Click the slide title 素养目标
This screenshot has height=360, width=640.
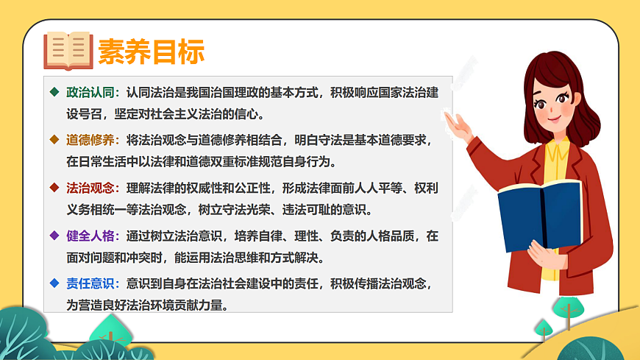[x=151, y=52]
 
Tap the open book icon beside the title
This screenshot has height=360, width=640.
[x=68, y=50]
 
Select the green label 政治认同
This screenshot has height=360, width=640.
[x=91, y=93]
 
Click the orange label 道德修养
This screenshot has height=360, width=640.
[x=91, y=140]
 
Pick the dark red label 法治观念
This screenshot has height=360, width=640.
[x=91, y=188]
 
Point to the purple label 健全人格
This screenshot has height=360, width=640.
[x=91, y=236]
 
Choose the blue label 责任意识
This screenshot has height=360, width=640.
[x=91, y=283]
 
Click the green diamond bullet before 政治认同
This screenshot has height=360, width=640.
[x=53, y=93]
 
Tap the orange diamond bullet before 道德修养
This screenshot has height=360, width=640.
[x=53, y=140]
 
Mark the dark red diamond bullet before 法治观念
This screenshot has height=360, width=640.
[x=53, y=188]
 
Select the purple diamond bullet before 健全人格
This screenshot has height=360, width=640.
[x=53, y=236]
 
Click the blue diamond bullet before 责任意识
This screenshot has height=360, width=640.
[x=53, y=283]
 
